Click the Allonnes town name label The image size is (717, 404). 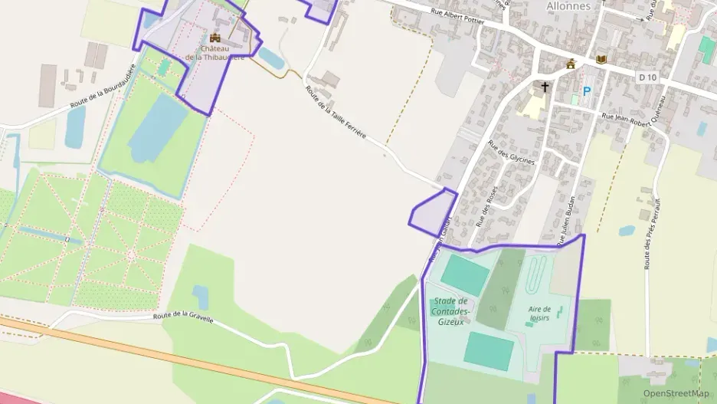pyautogui.click(x=568, y=5)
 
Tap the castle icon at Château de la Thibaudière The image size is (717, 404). pyautogui.click(x=214, y=37)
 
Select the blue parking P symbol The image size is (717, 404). pyautogui.click(x=587, y=90)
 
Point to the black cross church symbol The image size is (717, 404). pyautogui.click(x=545, y=87)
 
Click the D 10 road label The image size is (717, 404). pyautogui.click(x=647, y=77)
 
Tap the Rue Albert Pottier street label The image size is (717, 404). pyautogui.click(x=458, y=17)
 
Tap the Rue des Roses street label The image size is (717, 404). pyautogui.click(x=486, y=205)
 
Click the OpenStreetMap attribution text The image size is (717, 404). pyautogui.click(x=676, y=393)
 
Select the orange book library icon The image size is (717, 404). pyautogui.click(x=601, y=59)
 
